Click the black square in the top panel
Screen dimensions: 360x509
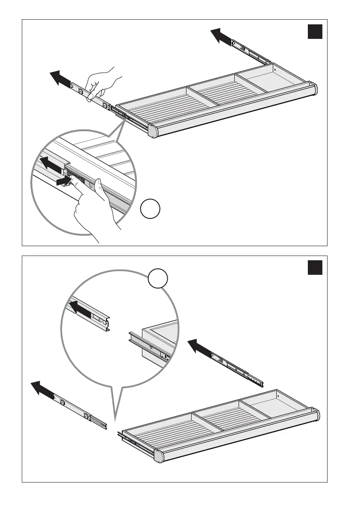pyautogui.click(x=314, y=32)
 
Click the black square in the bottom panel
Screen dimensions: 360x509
pyautogui.click(x=314, y=268)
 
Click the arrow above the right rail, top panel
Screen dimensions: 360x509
pyautogui.click(x=221, y=35)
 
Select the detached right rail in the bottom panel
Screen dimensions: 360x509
pyautogui.click(x=237, y=366)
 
